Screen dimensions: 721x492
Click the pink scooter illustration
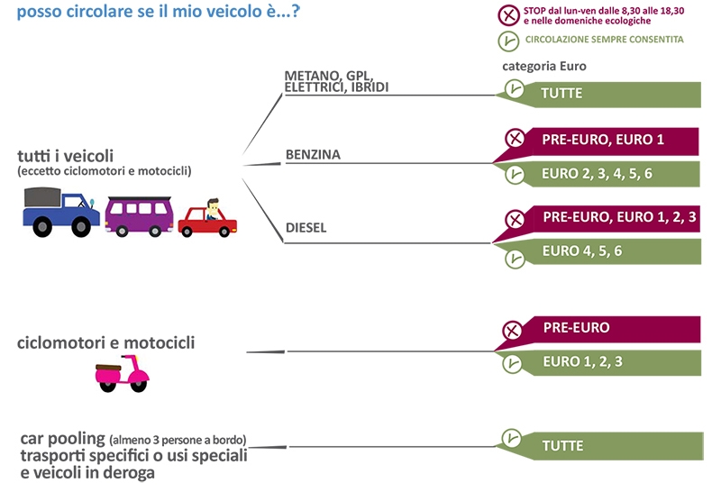pyautogui.click(x=122, y=373)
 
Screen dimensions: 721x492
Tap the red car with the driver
pyautogui.click(x=207, y=219)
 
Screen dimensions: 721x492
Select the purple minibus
pyautogui.click(x=140, y=216)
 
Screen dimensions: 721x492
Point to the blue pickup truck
pyautogui.click(x=60, y=212)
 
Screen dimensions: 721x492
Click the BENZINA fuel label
pyautogui.click(x=313, y=154)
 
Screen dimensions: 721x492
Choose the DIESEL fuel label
pyautogui.click(x=306, y=228)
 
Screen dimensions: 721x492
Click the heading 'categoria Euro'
pyautogui.click(x=544, y=66)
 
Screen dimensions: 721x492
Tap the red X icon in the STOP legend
pyautogui.click(x=508, y=15)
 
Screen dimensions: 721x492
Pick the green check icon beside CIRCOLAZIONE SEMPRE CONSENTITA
pyautogui.click(x=508, y=41)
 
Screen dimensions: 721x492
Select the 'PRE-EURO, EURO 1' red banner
pyautogui.click(x=598, y=143)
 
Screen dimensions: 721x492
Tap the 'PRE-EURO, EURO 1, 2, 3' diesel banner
pyautogui.click(x=598, y=222)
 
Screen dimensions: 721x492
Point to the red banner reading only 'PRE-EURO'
pyautogui.click(x=598, y=332)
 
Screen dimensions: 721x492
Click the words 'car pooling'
pyautogui.click(x=63, y=439)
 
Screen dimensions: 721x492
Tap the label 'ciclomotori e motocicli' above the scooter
pyautogui.click(x=105, y=342)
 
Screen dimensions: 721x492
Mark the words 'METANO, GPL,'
pyautogui.click(x=328, y=75)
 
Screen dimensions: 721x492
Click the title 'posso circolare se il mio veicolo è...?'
pyautogui.click(x=159, y=11)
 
